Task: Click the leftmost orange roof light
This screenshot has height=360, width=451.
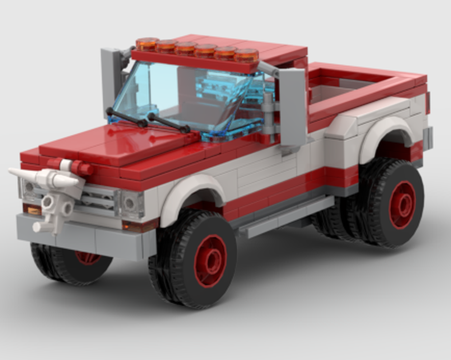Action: point(147,44)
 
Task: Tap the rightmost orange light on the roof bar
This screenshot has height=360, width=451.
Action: point(246,55)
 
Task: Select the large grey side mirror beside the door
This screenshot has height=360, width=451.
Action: point(292,107)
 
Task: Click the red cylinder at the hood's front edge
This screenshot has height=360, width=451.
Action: point(81,168)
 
